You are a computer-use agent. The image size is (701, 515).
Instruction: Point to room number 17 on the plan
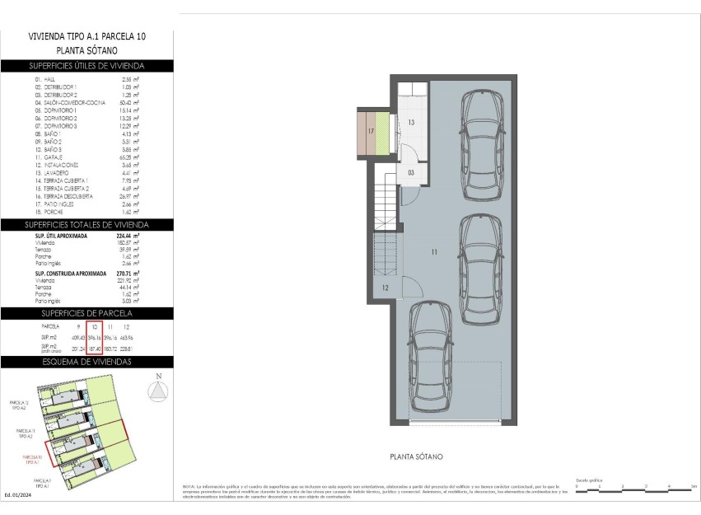click(371, 131)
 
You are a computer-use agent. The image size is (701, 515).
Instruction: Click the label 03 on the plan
click(411, 173)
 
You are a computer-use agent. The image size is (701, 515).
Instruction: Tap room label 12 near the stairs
click(386, 288)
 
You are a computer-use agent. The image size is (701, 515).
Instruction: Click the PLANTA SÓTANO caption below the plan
click(418, 456)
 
